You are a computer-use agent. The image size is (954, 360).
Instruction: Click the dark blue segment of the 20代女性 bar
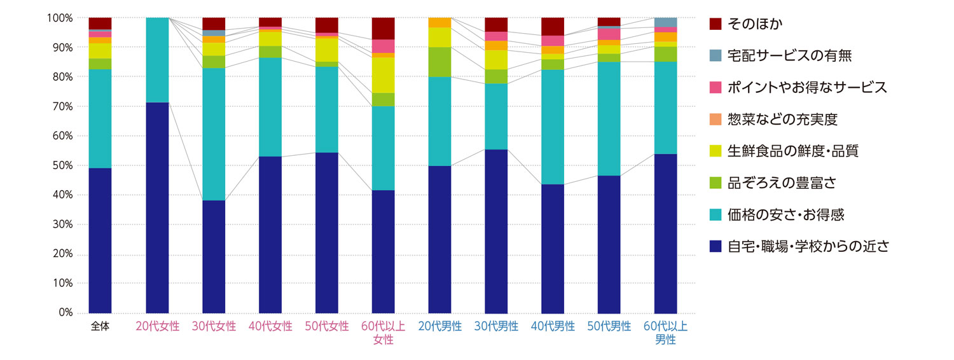(157, 207)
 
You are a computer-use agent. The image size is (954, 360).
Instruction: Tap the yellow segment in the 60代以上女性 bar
(384, 75)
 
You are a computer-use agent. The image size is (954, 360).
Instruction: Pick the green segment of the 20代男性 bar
(440, 62)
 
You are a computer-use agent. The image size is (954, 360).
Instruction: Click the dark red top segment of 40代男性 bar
(553, 26)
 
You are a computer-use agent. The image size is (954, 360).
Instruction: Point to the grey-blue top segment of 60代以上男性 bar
(666, 22)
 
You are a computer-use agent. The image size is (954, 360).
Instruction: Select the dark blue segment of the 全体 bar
(100, 240)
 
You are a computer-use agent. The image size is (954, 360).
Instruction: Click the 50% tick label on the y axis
(62, 165)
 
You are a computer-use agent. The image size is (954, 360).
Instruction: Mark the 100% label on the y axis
(59, 18)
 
